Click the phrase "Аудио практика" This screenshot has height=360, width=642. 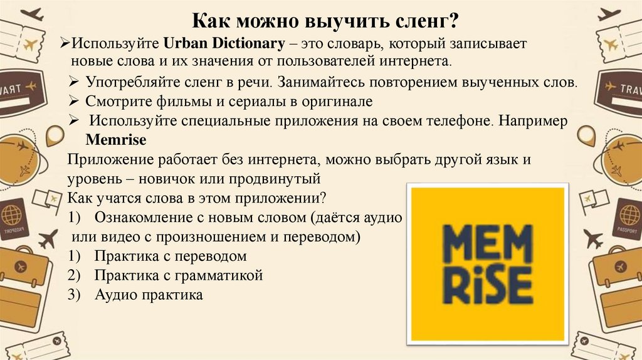point(149,295)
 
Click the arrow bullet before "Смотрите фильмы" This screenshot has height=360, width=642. point(73,101)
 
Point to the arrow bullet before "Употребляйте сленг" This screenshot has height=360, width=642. point(73,83)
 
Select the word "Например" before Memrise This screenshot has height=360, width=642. point(539,122)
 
